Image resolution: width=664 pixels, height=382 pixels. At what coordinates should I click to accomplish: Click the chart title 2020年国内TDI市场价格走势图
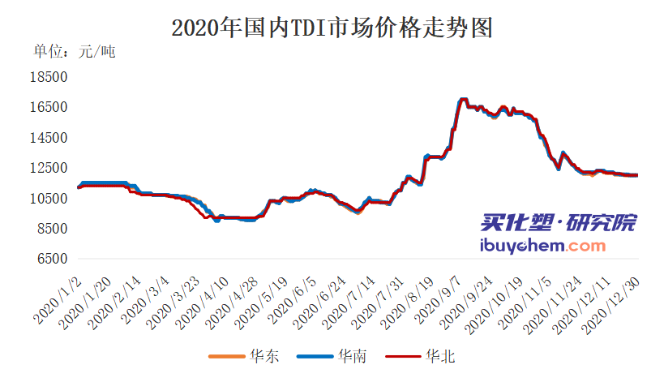coord(332,29)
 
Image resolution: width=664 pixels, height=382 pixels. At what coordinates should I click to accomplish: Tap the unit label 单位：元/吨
coord(74,53)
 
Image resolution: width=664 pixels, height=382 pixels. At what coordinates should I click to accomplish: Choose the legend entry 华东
coord(246,355)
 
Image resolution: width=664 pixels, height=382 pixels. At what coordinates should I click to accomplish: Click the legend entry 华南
coord(334,355)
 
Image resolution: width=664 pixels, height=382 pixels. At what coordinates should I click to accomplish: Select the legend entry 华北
coord(422,355)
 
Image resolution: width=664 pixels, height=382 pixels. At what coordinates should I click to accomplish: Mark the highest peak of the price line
coord(464,99)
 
